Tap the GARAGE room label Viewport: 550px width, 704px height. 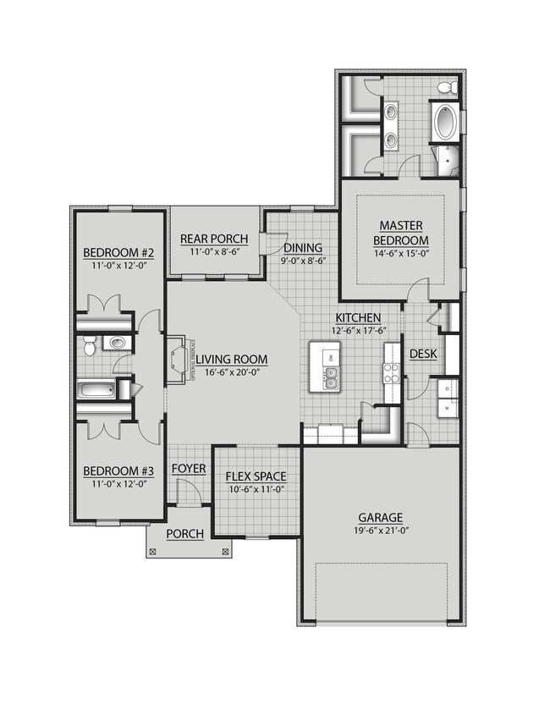(379, 517)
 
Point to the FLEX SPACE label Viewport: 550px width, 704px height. (255, 476)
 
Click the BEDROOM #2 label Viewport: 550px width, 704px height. (118, 252)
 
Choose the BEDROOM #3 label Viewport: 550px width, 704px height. (118, 471)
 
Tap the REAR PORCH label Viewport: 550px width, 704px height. (213, 239)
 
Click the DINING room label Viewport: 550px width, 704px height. (302, 247)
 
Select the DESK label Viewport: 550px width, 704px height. (422, 354)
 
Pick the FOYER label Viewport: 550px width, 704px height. (188, 468)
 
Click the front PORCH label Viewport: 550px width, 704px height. (184, 534)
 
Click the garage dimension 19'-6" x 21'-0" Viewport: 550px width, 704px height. (379, 531)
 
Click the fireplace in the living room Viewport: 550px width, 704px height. (175, 360)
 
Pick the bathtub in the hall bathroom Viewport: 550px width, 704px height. (95, 391)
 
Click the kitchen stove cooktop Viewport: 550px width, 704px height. (392, 372)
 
